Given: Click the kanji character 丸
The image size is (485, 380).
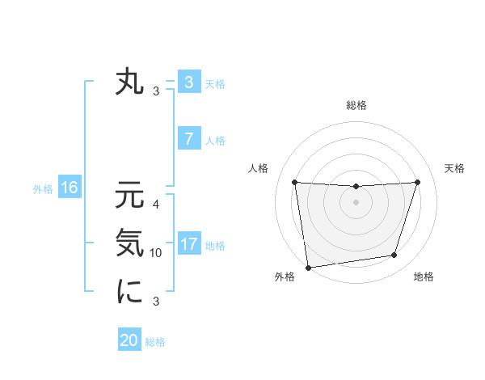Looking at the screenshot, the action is click(130, 82).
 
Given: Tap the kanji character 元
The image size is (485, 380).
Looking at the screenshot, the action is click(130, 196).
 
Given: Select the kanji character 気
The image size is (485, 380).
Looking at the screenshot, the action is click(130, 243).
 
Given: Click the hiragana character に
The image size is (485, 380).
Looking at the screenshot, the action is click(130, 291).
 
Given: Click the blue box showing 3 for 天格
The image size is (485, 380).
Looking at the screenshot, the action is click(188, 82).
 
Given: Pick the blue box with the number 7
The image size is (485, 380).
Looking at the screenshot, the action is click(188, 139).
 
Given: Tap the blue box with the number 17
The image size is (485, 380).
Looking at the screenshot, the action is click(188, 244).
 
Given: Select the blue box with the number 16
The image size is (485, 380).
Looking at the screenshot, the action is click(70, 188).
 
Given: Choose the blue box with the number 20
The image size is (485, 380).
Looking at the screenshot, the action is click(129, 340).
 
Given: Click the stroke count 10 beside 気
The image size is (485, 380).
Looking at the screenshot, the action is click(156, 253).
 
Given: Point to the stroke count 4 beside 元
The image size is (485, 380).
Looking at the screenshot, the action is click(156, 205).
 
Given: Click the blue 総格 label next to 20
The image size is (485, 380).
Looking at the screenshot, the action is click(155, 342).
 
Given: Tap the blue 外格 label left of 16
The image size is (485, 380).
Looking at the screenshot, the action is click(43, 189).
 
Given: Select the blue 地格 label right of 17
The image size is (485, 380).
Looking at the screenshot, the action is click(215, 246).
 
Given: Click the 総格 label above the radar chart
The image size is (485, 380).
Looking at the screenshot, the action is click(356, 105).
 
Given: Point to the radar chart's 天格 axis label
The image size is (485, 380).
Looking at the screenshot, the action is click(455, 168).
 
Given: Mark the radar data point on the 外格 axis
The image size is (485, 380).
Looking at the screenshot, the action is click(308, 268).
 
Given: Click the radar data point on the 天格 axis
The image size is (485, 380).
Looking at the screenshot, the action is click(417, 182).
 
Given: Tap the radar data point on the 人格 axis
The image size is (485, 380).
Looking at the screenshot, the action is click(294, 182).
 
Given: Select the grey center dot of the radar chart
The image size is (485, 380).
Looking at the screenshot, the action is click(356, 202).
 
